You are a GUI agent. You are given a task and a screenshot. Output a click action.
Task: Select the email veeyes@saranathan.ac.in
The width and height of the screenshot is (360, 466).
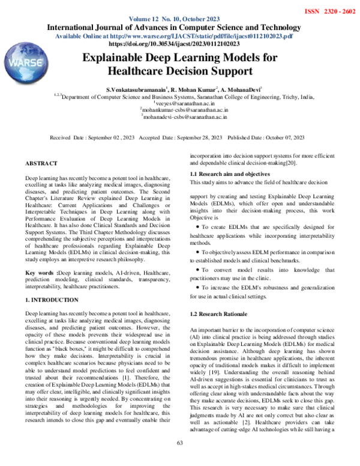coord(179,103)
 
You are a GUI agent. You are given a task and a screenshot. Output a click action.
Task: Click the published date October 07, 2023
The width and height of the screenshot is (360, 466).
coord(282,138)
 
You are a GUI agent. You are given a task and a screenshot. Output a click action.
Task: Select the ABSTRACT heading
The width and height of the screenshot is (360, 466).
coord(41,163)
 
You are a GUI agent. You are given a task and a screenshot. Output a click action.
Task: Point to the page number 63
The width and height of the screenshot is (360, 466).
coord(179,459)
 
